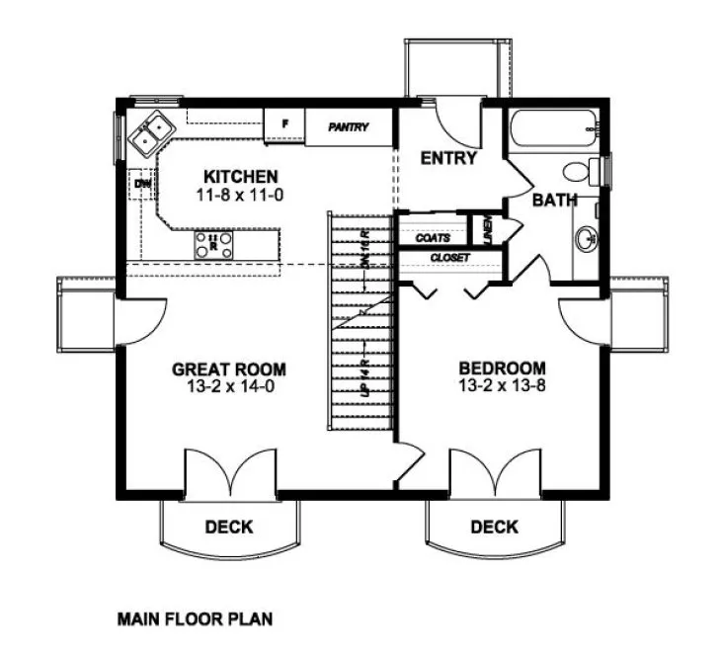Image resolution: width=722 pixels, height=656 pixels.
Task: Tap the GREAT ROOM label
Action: (229, 369)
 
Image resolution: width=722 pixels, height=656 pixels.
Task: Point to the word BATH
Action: (554, 201)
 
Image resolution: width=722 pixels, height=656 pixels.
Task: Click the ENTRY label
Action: (448, 158)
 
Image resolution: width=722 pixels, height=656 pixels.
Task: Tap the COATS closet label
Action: (433, 238)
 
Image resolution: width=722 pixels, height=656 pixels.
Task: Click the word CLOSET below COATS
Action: (448, 258)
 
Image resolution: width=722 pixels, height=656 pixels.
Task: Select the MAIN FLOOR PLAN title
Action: (195, 620)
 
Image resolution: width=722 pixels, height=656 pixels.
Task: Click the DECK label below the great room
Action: (228, 527)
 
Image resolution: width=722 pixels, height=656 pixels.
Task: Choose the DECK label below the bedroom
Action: (494, 527)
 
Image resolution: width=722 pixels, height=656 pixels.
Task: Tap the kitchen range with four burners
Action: (214, 244)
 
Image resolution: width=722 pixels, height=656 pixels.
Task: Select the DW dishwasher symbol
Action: (142, 184)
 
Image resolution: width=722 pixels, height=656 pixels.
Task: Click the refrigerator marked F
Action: (284, 125)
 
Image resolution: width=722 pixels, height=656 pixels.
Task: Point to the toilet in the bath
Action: (591, 169)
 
